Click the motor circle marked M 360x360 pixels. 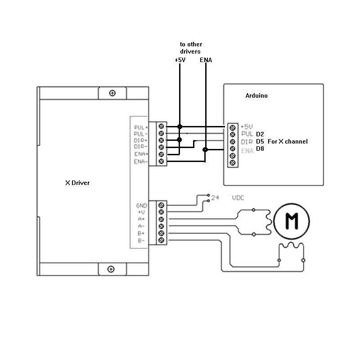click(x=292, y=220)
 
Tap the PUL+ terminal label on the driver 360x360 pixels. click(x=141, y=127)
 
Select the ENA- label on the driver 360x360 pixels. click(x=141, y=161)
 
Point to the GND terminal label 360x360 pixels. click(x=141, y=206)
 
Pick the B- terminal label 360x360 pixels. click(x=141, y=240)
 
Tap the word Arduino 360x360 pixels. click(x=257, y=96)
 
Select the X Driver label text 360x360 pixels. click(x=77, y=183)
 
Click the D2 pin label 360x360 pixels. click(x=260, y=134)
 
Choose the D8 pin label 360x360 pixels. click(x=260, y=148)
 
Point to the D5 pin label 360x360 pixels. click(x=260, y=141)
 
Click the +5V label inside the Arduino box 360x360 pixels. click(x=247, y=127)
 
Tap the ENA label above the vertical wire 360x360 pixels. click(x=206, y=59)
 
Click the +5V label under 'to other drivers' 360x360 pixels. click(x=180, y=59)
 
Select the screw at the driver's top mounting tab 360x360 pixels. click(x=112, y=93)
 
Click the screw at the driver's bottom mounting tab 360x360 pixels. click(x=111, y=269)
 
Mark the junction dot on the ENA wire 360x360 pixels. click(x=205, y=150)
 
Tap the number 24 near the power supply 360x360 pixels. click(x=215, y=198)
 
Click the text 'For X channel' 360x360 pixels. click(x=288, y=141)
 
